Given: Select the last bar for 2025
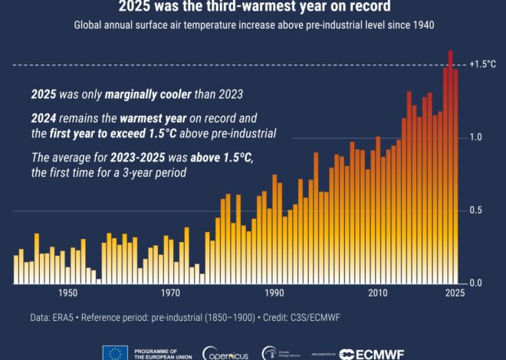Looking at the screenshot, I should [456, 176].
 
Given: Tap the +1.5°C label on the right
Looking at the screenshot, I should [483, 64].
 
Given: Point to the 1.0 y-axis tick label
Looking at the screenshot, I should [476, 138].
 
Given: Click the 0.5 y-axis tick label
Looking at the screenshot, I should [476, 211].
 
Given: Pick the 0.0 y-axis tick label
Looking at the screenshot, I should [476, 283].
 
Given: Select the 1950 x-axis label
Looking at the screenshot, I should [67, 294].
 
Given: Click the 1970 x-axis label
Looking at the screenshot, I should [170, 294].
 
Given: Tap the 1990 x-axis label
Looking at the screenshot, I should [274, 294].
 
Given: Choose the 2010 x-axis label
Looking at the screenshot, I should [376, 294].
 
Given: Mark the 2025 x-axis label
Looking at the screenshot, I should [455, 294].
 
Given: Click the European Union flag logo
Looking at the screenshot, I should [115, 353].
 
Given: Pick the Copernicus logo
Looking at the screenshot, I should [225, 353].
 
